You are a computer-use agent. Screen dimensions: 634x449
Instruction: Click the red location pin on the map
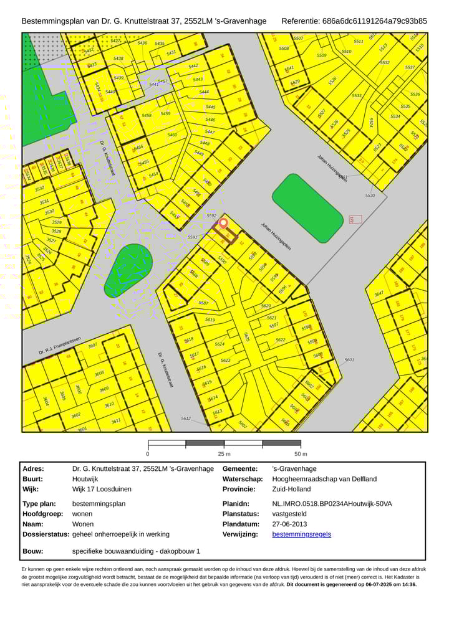223,224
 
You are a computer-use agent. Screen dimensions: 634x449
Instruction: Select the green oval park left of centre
128,270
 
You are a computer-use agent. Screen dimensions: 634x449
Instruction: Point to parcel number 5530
370,196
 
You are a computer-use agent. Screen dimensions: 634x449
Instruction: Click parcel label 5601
349,360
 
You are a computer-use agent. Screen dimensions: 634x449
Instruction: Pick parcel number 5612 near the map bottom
186,419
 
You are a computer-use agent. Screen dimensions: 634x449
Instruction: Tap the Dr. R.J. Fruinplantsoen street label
60,346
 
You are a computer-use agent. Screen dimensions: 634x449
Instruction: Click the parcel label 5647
379,293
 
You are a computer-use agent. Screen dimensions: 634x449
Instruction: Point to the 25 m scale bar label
224,453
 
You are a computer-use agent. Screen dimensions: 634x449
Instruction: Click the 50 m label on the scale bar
301,453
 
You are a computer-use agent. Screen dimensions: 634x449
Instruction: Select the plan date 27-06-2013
292,524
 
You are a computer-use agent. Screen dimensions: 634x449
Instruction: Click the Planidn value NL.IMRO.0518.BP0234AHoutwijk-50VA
332,503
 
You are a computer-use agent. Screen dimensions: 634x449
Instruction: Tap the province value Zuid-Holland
291,490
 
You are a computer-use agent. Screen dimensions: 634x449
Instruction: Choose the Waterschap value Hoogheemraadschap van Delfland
324,479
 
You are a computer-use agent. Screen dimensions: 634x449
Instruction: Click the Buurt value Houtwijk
85,479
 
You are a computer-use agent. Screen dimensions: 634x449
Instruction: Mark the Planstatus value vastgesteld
289,514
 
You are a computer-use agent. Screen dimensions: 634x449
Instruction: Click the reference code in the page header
375,21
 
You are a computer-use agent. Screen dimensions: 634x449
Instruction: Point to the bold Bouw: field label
32,551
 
